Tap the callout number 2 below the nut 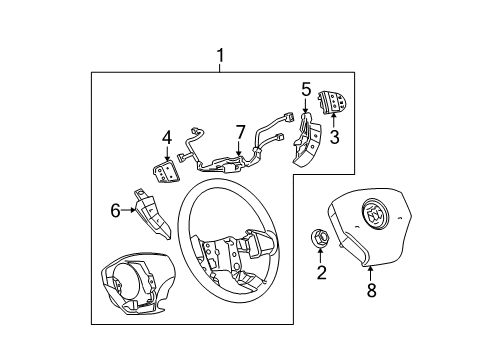tap(321, 273)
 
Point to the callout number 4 tap(167, 137)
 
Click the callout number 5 tap(307, 88)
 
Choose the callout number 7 tap(239, 132)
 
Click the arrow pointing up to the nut tap(321, 256)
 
